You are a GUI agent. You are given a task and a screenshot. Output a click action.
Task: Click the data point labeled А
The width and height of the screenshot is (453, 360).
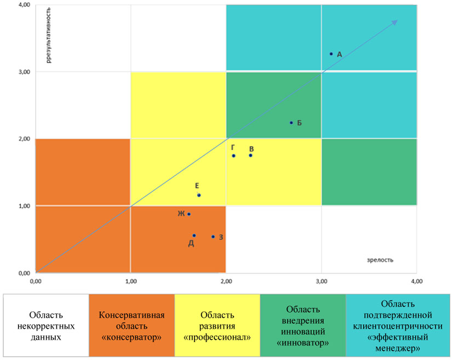click(331, 54)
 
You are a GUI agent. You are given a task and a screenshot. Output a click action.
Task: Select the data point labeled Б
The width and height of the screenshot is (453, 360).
click(291, 123)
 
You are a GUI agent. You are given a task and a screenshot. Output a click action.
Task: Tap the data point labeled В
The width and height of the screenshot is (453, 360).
click(250, 156)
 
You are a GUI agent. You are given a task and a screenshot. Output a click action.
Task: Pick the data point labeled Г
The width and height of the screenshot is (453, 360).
click(233, 156)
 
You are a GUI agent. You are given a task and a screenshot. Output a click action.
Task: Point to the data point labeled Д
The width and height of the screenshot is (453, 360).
click(194, 236)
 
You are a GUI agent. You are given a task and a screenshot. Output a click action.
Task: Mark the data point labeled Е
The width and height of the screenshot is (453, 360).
click(199, 195)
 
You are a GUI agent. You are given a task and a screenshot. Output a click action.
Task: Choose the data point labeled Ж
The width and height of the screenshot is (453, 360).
click(189, 214)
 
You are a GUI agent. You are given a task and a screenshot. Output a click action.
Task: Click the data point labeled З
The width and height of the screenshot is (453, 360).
click(213, 237)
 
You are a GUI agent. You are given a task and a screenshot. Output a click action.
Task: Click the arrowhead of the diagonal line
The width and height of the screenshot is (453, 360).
click(395, 22)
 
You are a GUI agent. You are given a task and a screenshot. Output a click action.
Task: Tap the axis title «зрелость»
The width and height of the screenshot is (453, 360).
click(381, 260)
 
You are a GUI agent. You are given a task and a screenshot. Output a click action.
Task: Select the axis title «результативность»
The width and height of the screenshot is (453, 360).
click(49, 36)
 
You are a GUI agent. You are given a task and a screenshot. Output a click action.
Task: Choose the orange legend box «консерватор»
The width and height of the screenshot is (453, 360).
click(131, 325)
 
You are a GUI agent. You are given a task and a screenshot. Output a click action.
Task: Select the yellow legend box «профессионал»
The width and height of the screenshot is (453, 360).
click(217, 325)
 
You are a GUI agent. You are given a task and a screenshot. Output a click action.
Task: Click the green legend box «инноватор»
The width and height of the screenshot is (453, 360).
click(302, 325)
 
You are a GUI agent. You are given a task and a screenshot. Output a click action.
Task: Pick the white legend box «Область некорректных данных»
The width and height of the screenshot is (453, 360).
click(47, 325)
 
